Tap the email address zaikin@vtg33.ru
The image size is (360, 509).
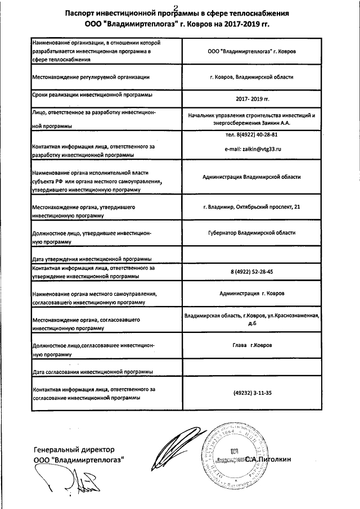pyautogui.click(x=253, y=149)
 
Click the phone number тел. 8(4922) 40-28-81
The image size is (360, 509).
pyautogui.click(x=251, y=135)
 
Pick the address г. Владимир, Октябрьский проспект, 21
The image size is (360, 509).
pyautogui.click(x=252, y=207)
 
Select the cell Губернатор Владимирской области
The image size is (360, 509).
pyautogui.click(x=252, y=233)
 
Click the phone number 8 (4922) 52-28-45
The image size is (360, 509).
pyautogui.click(x=252, y=272)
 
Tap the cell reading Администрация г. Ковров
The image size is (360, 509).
pyautogui.click(x=252, y=294)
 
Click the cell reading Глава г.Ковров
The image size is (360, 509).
pyautogui.click(x=252, y=348)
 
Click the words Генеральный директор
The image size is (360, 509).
pyautogui.click(x=74, y=450)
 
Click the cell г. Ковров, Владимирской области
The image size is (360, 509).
pyautogui.click(x=252, y=76)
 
